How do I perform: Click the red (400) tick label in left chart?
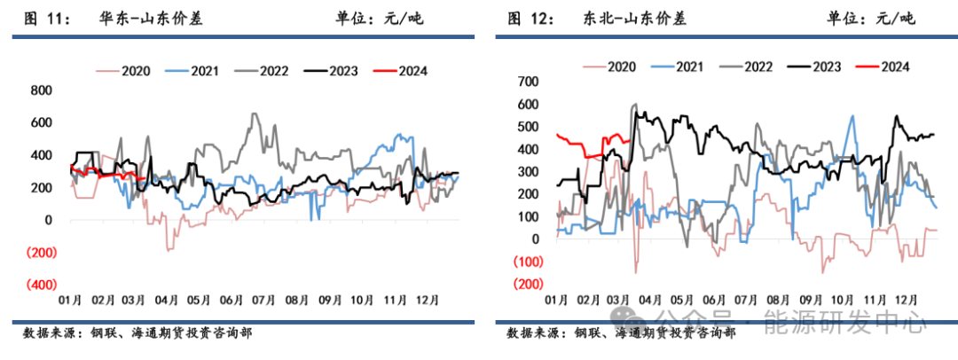click(x=37, y=285)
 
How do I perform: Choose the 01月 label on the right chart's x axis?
click(x=557, y=300)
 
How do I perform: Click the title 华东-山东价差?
click(x=150, y=19)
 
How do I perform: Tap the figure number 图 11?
click(x=42, y=19)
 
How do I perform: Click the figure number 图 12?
click(x=527, y=19)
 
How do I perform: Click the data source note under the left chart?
click(x=137, y=333)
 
